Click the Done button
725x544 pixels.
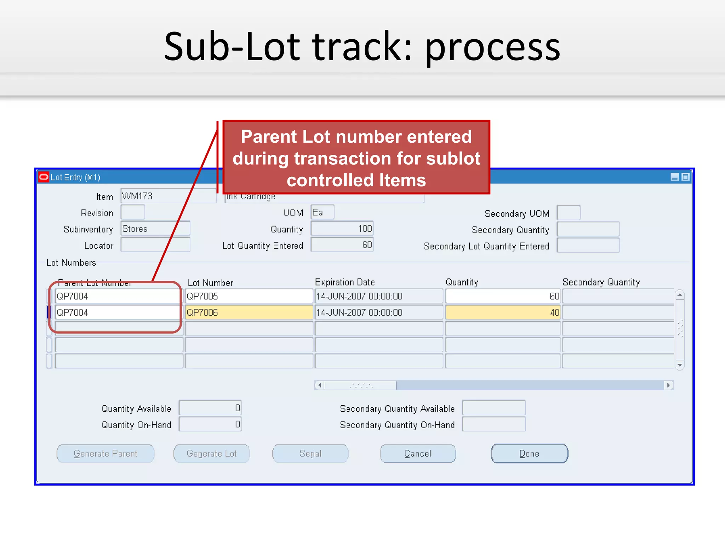point(529,454)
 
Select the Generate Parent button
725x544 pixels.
point(105,454)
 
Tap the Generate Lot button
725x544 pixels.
point(211,454)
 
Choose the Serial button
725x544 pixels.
point(310,454)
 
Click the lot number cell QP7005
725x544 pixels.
point(249,296)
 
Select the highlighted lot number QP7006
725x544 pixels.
point(249,313)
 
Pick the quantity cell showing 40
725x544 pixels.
point(503,313)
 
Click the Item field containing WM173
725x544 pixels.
point(168,196)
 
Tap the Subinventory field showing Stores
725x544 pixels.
point(155,229)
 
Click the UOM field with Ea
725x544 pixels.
point(322,212)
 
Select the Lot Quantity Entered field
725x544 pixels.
point(342,245)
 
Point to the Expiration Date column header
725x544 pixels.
point(345,282)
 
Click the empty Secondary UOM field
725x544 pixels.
point(568,213)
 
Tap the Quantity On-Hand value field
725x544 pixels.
point(210,424)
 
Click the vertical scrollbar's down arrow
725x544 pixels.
point(679,365)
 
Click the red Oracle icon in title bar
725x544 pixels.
point(44,177)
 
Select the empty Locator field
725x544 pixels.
point(155,245)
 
